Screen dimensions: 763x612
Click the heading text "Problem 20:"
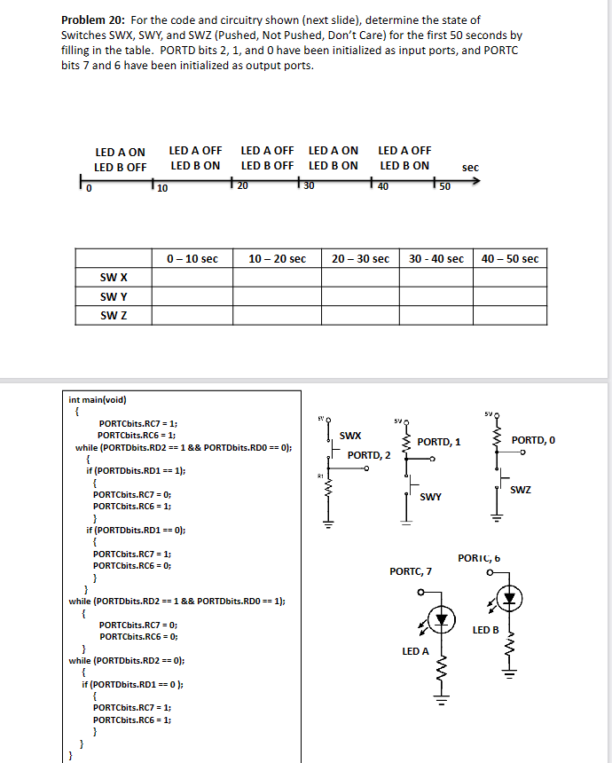(x=91, y=20)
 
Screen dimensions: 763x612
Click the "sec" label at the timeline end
(x=470, y=167)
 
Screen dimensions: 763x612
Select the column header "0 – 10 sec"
(x=192, y=259)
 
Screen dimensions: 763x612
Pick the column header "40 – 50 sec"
(x=510, y=259)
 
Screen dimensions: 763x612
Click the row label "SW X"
(x=115, y=279)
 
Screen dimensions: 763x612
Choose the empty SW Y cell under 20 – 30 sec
(x=360, y=297)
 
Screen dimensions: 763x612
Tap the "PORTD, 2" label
(x=369, y=455)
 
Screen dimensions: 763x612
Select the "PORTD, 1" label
(x=439, y=442)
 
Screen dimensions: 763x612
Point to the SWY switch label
(x=431, y=497)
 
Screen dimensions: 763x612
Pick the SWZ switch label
(x=521, y=490)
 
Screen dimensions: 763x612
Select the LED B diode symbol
(x=509, y=598)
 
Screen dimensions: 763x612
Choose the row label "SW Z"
(x=115, y=316)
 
